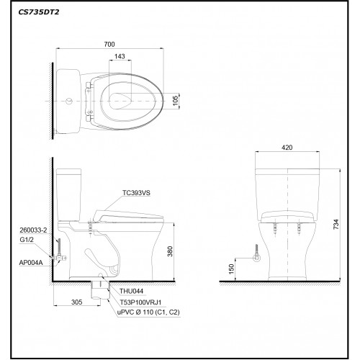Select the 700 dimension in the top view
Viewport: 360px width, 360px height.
pos(109,45)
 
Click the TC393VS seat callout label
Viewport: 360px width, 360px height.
pos(137,193)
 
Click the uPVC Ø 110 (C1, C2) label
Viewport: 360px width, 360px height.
pos(140,312)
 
